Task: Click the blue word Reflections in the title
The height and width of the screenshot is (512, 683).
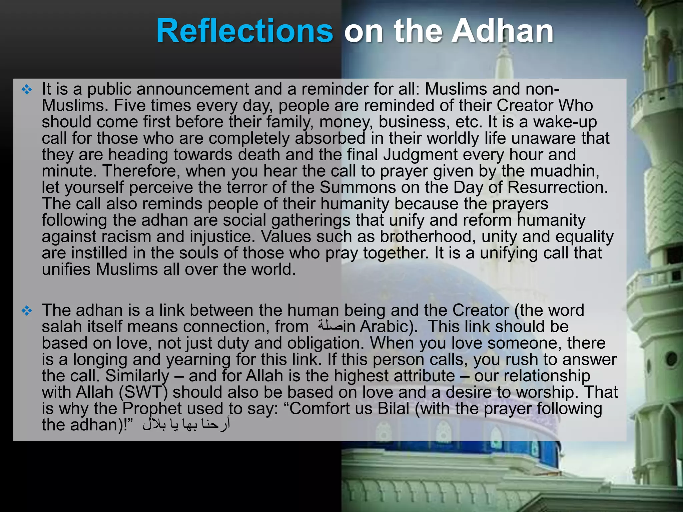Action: point(244,31)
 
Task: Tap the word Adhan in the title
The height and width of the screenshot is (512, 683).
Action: point(503,31)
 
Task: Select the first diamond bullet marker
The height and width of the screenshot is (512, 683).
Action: point(27,89)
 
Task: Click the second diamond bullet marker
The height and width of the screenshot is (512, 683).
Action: point(27,311)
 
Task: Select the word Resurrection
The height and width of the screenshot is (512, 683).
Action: point(557,187)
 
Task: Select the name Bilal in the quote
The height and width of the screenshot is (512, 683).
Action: point(394,408)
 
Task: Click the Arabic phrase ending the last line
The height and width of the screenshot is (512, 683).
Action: point(186,424)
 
